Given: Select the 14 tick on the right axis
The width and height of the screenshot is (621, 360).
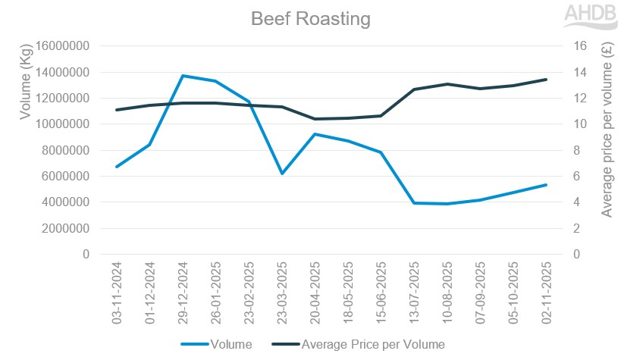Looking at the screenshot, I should point(560,72).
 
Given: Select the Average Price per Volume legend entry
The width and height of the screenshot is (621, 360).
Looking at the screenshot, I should point(372,344).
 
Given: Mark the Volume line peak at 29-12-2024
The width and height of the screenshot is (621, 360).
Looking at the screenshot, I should point(183,76).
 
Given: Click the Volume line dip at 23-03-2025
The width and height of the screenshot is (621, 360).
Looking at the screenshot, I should point(281,174).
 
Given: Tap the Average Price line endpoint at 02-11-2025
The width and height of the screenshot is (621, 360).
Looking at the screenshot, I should point(545,80).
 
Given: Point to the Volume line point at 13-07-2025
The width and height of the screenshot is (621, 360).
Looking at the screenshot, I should point(413,203).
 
